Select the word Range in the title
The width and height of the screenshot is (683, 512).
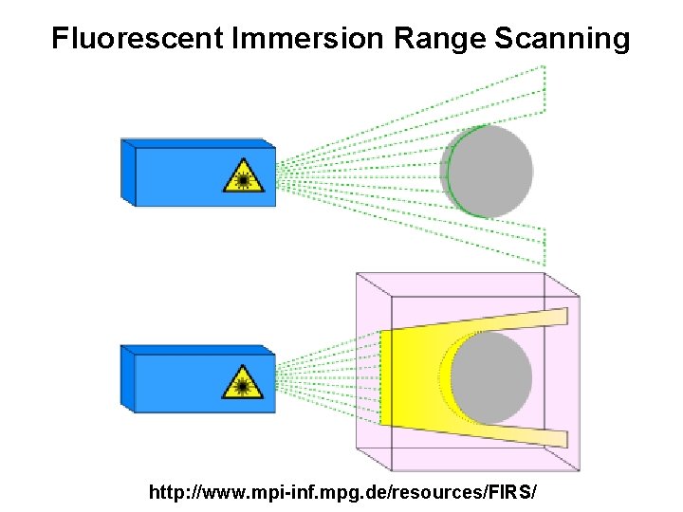coord(432,39)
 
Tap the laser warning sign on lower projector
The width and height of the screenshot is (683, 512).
coord(244,383)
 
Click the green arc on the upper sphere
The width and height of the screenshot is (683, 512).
coord(452,171)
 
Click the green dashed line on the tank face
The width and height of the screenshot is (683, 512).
coord(380,377)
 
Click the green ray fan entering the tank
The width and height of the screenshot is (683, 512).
coord(327,377)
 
